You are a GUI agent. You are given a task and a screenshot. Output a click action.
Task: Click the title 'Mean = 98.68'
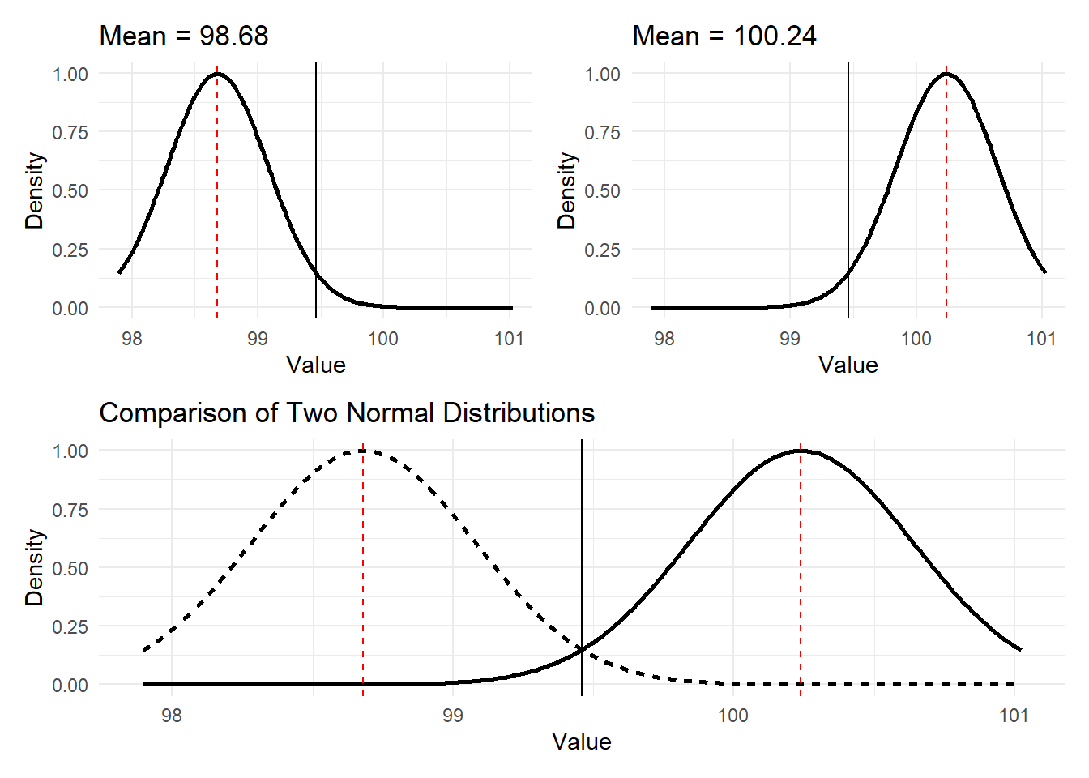(183, 36)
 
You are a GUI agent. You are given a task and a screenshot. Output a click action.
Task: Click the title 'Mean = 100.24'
(724, 36)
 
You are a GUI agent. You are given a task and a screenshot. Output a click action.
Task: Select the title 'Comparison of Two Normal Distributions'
(347, 413)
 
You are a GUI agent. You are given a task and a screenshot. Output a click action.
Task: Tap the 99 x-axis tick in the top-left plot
(258, 339)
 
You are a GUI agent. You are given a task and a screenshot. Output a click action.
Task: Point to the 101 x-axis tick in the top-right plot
(1041, 339)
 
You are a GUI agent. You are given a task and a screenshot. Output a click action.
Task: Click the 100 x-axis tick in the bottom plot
(733, 716)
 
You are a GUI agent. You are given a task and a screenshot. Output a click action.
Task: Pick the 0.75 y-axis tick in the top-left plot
(70, 132)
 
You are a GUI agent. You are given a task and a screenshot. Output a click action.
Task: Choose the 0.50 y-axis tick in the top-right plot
(603, 191)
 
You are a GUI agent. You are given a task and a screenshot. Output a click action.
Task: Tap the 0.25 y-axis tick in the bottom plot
(70, 626)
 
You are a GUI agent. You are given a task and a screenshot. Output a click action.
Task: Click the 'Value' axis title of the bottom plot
(581, 742)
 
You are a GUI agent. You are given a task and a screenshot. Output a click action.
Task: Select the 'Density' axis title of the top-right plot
(566, 190)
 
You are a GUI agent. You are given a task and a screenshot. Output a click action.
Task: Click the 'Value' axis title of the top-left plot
(316, 365)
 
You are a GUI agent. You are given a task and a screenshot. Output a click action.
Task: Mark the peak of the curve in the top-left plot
(217, 74)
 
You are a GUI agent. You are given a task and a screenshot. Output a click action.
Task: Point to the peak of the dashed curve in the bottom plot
(363, 451)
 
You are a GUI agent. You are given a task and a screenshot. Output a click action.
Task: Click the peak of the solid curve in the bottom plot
(801, 451)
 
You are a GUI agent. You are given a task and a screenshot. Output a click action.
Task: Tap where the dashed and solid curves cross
(582, 649)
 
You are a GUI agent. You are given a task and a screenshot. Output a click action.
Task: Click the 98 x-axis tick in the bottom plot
(172, 716)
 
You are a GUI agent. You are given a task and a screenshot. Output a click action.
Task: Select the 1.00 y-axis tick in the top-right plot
(603, 74)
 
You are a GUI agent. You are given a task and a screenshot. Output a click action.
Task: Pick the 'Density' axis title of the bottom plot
(34, 567)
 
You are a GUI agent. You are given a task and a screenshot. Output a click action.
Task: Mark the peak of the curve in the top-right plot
(946, 74)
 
